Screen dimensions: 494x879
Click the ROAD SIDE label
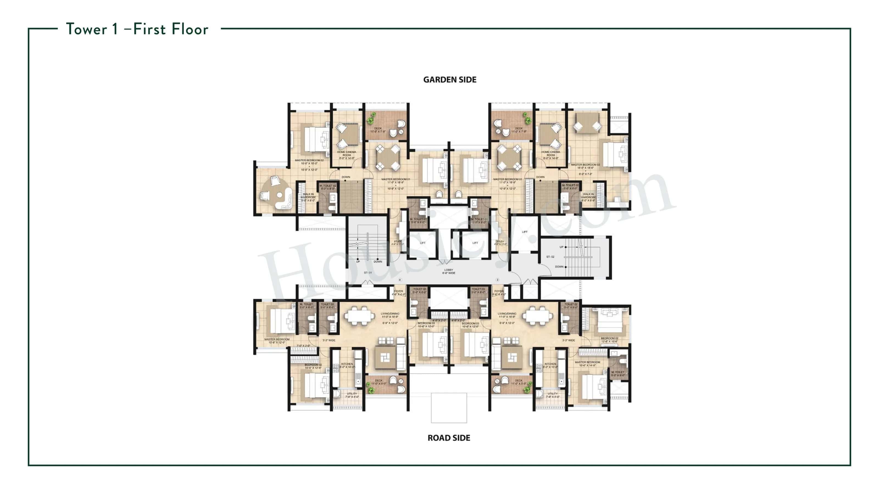(449, 438)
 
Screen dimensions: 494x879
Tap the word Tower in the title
(86, 29)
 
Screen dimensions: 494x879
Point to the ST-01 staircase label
(368, 273)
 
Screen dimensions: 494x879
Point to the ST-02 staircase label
(550, 257)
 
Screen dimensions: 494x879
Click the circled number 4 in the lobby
(400, 280)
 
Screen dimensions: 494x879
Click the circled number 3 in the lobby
(497, 280)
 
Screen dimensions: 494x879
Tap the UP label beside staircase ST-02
(561, 247)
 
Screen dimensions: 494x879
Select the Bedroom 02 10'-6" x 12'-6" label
(313, 366)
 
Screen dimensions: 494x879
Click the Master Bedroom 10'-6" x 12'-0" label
(277, 341)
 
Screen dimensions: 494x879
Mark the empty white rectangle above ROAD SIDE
(449, 408)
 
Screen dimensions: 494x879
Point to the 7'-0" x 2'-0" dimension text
(303, 346)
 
